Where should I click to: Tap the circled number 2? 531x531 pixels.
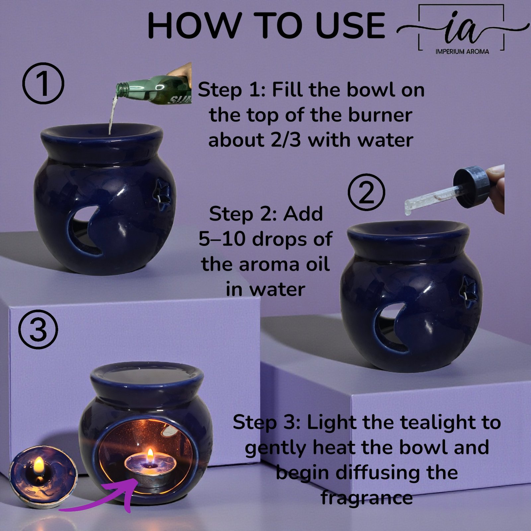tap(366, 193)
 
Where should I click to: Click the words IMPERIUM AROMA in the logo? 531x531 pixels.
tap(462, 51)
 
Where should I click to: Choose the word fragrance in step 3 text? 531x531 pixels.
tap(366, 497)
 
